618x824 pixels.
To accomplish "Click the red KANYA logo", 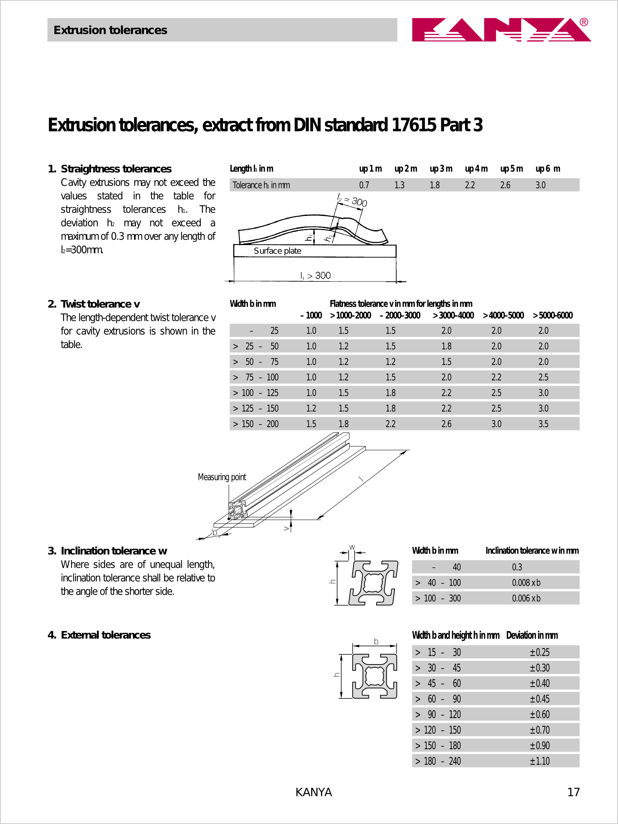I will [x=501, y=29].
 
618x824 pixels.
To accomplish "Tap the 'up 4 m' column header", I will [x=476, y=169].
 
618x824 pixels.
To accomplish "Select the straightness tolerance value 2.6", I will [x=505, y=185].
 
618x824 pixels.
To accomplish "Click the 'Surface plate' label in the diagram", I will [x=277, y=251].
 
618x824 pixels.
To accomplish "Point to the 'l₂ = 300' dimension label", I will [x=353, y=200].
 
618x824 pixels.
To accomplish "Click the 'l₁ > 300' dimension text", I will [x=315, y=275].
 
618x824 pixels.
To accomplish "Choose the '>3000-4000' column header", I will [x=453, y=316].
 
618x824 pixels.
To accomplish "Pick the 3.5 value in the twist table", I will [x=543, y=424].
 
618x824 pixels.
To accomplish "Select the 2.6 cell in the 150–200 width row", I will [x=446, y=424].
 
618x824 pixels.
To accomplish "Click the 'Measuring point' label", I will [x=222, y=477].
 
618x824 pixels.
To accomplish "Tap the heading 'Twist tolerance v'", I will [x=100, y=304].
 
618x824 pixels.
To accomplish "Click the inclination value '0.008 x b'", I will [x=526, y=583].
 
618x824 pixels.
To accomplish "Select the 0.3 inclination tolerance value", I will [x=517, y=567].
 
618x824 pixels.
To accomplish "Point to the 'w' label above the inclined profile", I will [x=352, y=547].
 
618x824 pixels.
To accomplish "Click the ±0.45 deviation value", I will [x=540, y=699].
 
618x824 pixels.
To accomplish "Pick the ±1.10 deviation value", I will [x=540, y=761].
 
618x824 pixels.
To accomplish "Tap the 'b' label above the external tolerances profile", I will [x=376, y=641].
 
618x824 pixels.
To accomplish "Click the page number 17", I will [x=573, y=792].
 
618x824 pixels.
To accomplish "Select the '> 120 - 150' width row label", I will [x=438, y=730].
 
